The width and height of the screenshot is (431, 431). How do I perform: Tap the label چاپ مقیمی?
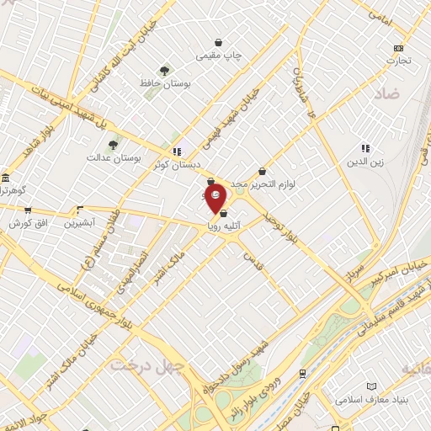point(219,56)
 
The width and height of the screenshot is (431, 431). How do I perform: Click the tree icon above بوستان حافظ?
point(164,72)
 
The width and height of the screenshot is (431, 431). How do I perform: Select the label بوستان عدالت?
point(114,157)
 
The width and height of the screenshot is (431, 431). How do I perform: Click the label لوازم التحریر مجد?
point(269,183)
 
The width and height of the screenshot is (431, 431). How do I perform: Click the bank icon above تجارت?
point(398,48)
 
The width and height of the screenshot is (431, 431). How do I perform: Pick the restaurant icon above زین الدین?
point(365,148)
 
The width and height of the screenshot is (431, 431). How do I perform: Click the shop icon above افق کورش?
point(27,210)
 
